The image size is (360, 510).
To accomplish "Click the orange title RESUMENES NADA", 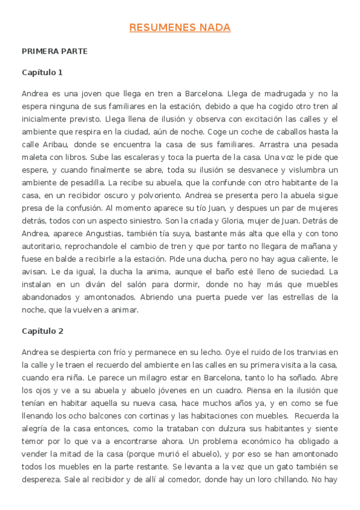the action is point(180,28).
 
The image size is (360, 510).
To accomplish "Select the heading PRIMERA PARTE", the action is point(54,51).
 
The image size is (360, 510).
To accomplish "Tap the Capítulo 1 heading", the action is point(42,72).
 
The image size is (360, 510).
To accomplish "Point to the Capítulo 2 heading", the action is point(42,331).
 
